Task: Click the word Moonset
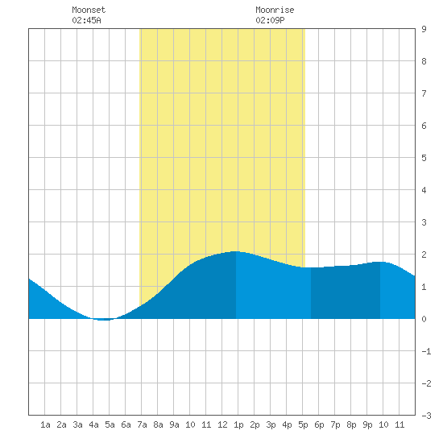(89, 10)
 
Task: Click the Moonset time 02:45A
(86, 20)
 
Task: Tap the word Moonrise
(275, 10)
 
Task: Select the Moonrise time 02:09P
(270, 20)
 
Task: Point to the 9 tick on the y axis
(424, 29)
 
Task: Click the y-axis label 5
(424, 158)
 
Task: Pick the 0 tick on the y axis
(424, 319)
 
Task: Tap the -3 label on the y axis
(426, 416)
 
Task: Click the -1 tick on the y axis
(426, 351)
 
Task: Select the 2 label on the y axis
(424, 255)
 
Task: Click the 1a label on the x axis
(45, 424)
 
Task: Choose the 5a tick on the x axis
(110, 424)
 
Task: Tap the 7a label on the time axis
(142, 424)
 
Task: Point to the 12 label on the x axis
(222, 424)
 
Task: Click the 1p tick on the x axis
(238, 424)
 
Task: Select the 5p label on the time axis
(303, 424)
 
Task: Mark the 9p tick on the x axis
(367, 424)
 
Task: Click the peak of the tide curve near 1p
(236, 251)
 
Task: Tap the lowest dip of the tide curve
(103, 320)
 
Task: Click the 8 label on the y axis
(424, 61)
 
